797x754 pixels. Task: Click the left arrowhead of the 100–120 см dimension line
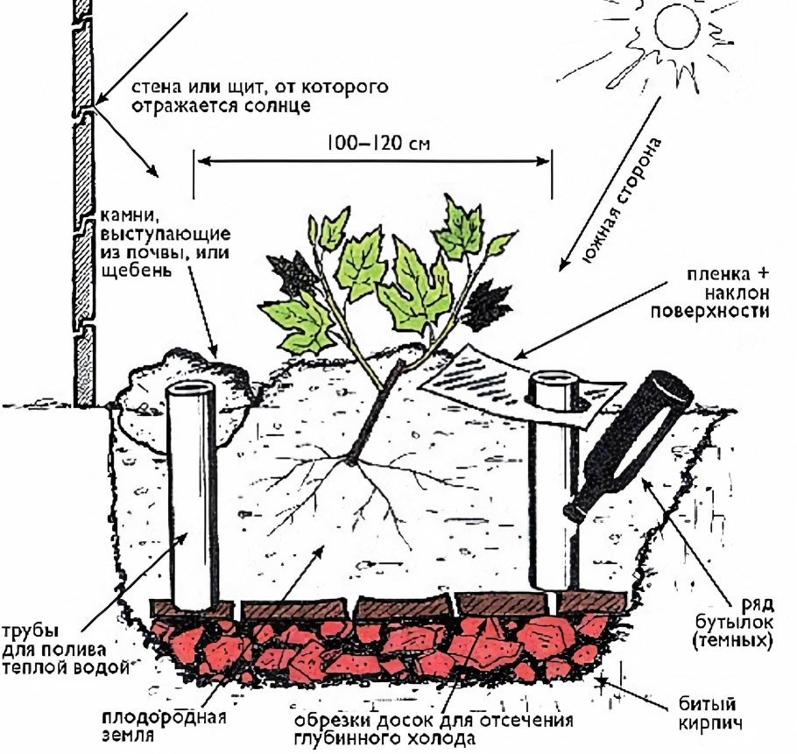(x=199, y=161)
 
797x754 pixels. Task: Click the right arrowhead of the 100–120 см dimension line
(x=549, y=161)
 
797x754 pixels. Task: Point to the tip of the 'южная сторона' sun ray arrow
(x=561, y=271)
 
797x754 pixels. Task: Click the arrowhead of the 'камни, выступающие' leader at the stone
(x=215, y=356)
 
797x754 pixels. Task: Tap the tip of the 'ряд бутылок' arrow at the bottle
(x=643, y=479)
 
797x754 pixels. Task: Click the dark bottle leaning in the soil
(x=628, y=446)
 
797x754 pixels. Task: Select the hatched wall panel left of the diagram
(x=84, y=203)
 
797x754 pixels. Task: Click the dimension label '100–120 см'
(x=378, y=144)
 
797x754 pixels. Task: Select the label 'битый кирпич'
(x=708, y=714)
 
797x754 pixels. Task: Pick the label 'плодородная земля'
(x=164, y=726)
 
